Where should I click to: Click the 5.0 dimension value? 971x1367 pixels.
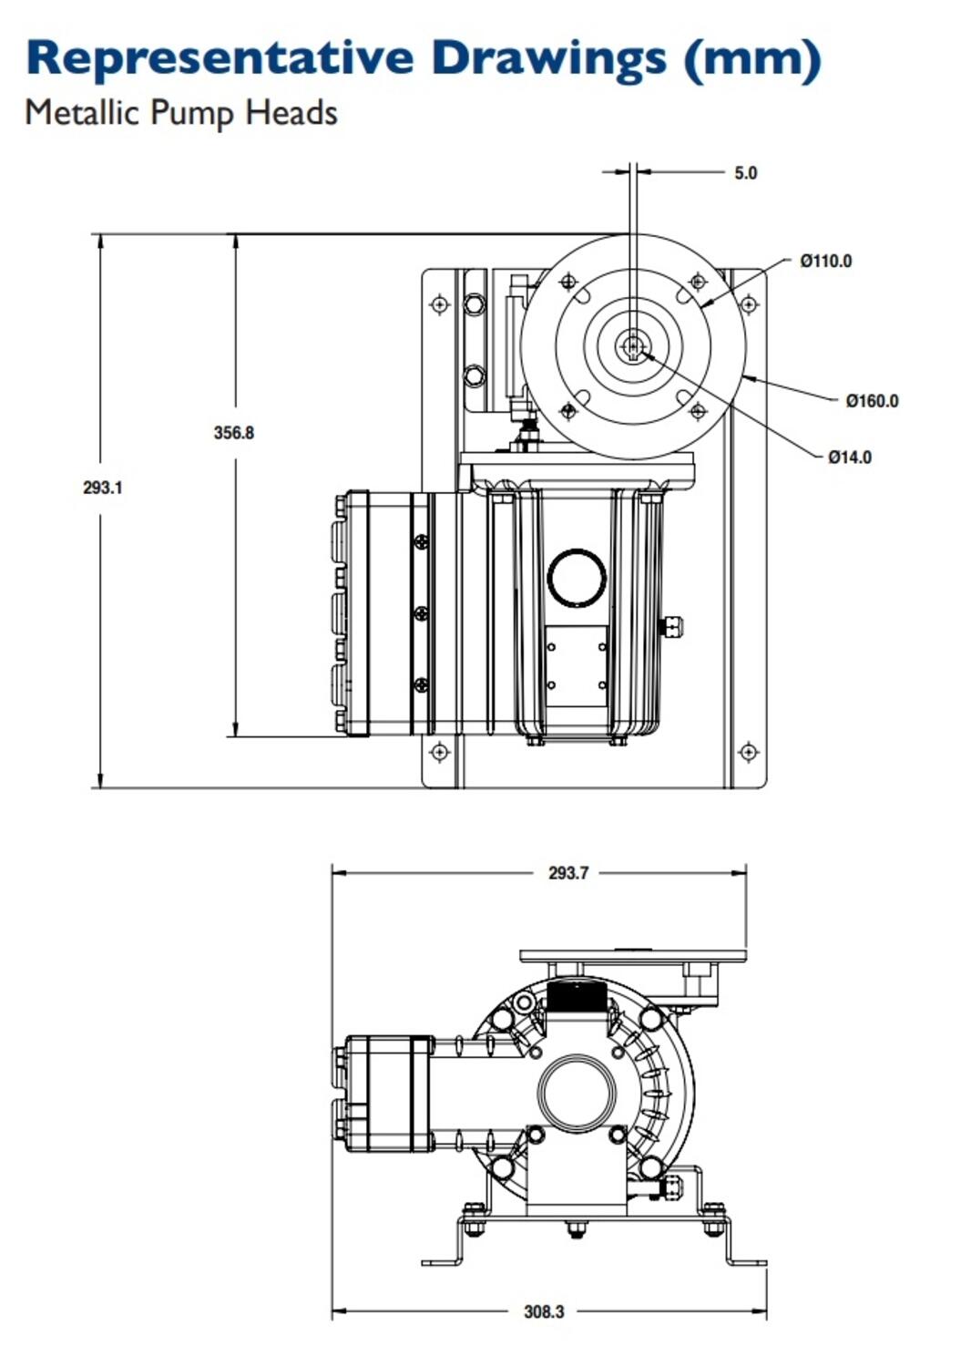(745, 173)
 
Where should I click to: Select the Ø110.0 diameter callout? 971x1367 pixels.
(825, 262)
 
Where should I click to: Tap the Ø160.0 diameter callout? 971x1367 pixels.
(871, 401)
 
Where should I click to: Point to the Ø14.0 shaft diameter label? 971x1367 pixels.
(849, 457)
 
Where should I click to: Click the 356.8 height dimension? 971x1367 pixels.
(234, 433)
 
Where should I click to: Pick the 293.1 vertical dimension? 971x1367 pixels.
(102, 488)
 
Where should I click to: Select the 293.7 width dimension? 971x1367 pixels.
(567, 873)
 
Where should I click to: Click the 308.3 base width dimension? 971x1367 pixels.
(544, 1311)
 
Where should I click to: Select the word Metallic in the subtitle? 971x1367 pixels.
(82, 113)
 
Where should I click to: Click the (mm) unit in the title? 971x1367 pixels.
(752, 58)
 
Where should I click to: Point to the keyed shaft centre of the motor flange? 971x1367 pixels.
(632, 346)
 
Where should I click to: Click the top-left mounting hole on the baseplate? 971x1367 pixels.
(440, 304)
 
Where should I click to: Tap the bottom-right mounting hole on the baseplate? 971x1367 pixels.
(748, 753)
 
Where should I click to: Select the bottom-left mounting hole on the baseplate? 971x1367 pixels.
(440, 753)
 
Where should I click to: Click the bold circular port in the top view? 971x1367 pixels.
(577, 577)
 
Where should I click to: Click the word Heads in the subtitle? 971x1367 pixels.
(291, 113)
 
